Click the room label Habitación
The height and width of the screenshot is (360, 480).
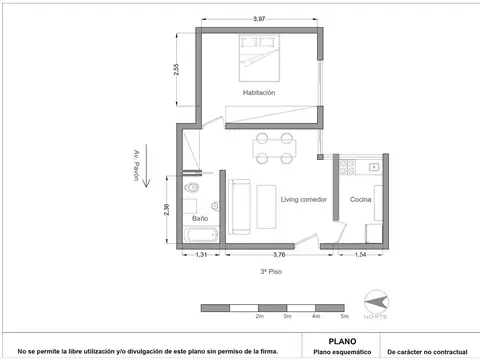pyautogui.click(x=258, y=92)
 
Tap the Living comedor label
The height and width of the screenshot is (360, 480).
pyautogui.click(x=303, y=200)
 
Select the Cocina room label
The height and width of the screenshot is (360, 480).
pyautogui.click(x=361, y=200)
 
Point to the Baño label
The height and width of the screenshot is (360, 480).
pyautogui.click(x=200, y=217)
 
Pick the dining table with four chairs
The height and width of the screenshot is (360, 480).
pyautogui.click(x=276, y=148)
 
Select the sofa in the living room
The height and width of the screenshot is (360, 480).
pyautogui.click(x=240, y=204)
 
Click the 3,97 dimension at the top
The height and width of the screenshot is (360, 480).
pyautogui.click(x=259, y=19)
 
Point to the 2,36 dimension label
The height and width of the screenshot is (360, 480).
pyautogui.click(x=167, y=211)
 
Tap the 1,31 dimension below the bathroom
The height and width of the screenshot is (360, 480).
pyautogui.click(x=200, y=255)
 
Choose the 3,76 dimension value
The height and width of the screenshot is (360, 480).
pyautogui.click(x=279, y=255)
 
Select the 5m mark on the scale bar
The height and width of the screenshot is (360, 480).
pyautogui.click(x=344, y=316)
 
